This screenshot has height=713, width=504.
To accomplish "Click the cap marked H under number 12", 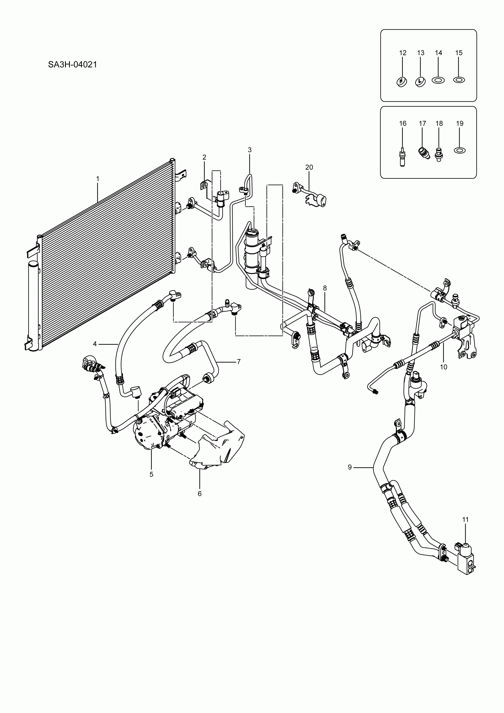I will click(402, 81).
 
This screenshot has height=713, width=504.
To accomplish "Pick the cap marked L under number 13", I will click(420, 81).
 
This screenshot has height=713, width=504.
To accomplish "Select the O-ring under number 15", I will click(459, 80).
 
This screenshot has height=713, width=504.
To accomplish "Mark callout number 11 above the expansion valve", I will click(465, 519).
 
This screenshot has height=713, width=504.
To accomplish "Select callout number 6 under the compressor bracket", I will click(200, 493).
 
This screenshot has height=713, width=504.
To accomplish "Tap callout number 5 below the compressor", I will click(151, 474).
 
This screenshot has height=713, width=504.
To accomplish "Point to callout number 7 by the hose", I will click(239, 361).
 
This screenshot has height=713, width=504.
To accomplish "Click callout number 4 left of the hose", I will click(95, 344).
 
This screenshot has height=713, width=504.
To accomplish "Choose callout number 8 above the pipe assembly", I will click(325, 288).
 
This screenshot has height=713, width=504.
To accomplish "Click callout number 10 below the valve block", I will click(443, 367).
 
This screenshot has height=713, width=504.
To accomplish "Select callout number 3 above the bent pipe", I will click(250, 150).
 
